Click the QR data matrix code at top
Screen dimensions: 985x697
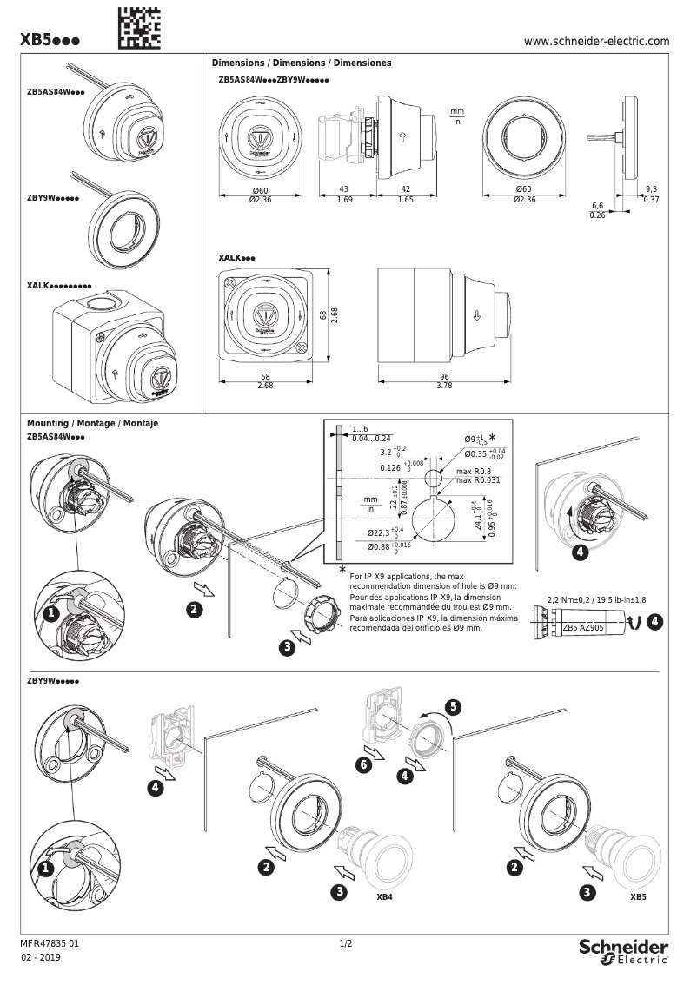coord(138,25)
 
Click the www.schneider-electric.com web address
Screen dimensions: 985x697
coord(597,41)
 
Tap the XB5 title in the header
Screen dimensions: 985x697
coord(50,41)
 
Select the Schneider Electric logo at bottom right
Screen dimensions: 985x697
coord(623,950)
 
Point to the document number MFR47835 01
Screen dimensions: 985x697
coord(55,942)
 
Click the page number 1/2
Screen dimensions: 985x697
coord(345,942)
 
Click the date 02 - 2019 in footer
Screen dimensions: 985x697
coord(42,958)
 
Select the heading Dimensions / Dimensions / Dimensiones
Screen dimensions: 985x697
coord(302,63)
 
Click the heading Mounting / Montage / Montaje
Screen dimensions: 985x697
coord(92,423)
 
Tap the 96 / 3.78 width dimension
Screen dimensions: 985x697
coord(444,380)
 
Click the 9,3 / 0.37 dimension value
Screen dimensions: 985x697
coord(652,194)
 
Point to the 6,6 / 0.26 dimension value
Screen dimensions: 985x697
coord(597,210)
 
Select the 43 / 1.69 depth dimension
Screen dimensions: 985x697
coord(343,194)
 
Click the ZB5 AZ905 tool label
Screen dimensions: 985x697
coord(583,626)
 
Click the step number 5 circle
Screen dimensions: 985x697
coord(453,707)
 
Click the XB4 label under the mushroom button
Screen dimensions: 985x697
coord(384,896)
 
